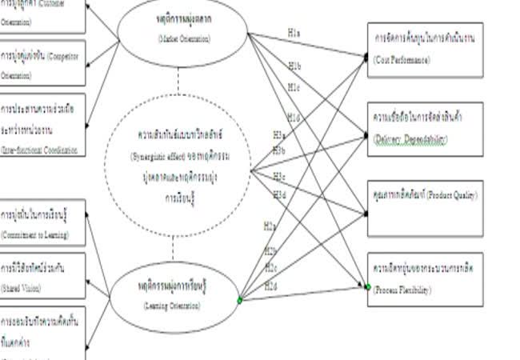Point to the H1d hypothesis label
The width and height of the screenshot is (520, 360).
[294, 118]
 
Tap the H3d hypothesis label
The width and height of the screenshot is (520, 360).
[278, 194]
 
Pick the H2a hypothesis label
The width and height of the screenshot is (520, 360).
[270, 226]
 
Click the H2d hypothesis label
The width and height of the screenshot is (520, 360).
[271, 286]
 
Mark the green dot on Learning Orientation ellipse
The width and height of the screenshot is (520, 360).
[239, 300]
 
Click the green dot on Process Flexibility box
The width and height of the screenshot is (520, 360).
[369, 286]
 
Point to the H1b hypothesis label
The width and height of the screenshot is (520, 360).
[294, 65]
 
